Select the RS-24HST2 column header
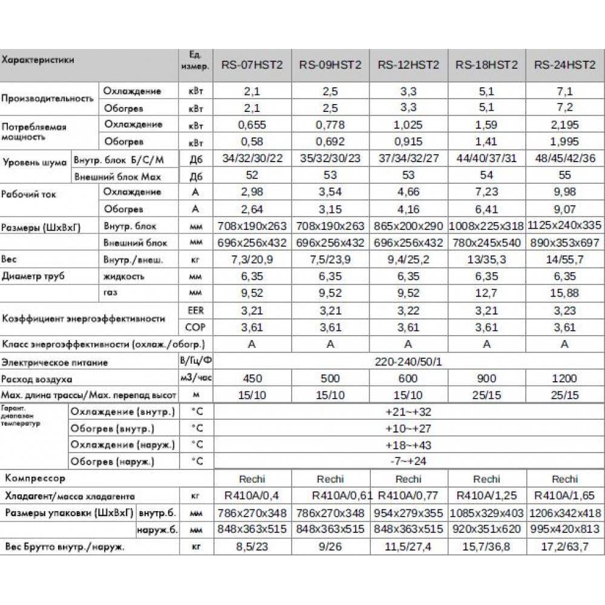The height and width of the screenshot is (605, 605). pos(564,65)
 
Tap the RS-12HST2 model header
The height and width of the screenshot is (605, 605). pos(408,65)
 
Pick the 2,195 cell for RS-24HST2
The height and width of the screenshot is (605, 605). pos(564,125)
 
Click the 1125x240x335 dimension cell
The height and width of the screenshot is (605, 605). pos(564,226)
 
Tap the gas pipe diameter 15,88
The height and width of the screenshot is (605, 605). pos(564,293)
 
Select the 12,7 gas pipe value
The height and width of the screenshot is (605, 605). pos(486,293)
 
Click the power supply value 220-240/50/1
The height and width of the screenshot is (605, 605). pos(408,362)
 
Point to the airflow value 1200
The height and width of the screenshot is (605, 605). pos(564,379)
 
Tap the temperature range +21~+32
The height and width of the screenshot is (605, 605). pos(408,412)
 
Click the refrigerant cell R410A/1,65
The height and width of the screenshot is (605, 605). pos(564,496)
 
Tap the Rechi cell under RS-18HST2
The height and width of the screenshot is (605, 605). pos(486,479)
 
